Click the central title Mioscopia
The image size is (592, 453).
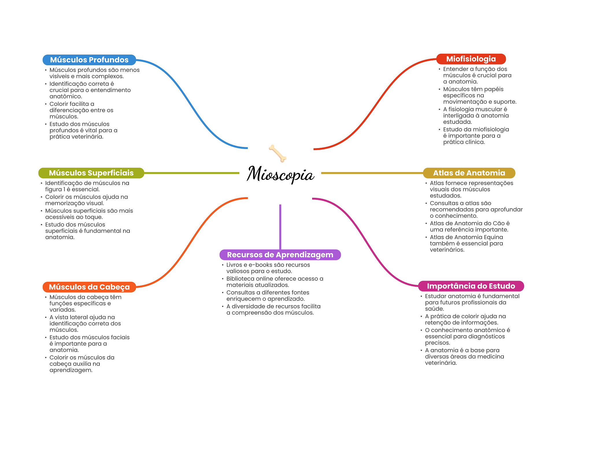pos(280,174)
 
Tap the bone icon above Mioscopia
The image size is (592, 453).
pos(277,153)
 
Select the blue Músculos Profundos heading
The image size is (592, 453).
pos(89,60)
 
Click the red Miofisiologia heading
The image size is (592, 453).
pos(471,59)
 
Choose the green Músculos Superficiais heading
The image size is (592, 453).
pos(91,173)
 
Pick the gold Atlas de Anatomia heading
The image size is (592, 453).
pos(469,173)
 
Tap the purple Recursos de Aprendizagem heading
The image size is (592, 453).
pos(280,255)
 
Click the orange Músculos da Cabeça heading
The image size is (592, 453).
pos(89,287)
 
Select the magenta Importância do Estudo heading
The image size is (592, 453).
pos(471,286)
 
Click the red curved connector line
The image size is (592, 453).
pos(376,104)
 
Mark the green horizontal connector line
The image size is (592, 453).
pos(191,173)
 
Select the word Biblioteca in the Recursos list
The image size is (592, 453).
pos(240,279)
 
